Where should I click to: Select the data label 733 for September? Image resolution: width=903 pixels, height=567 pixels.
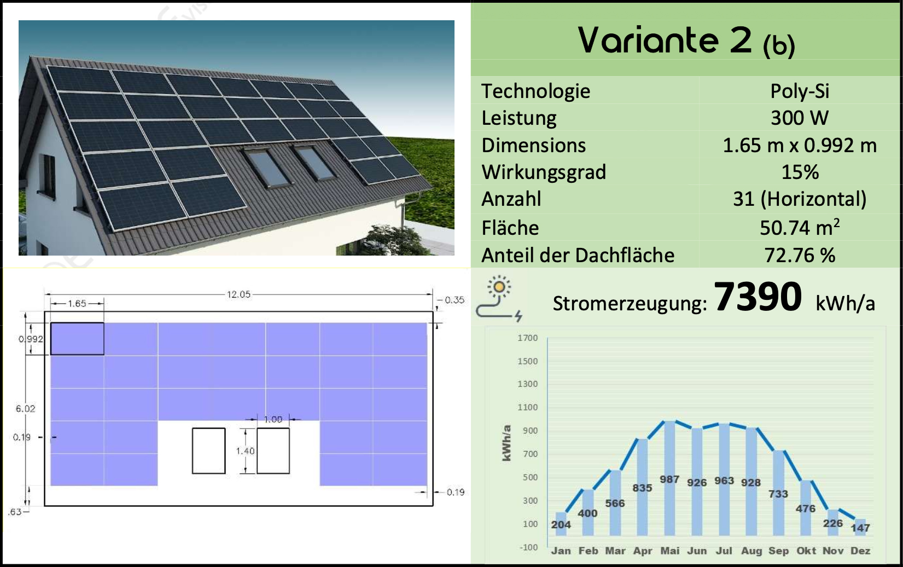[x=778, y=494]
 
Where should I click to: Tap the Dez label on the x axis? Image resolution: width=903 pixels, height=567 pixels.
[x=860, y=551]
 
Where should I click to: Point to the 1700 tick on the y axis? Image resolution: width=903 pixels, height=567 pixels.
[x=528, y=338]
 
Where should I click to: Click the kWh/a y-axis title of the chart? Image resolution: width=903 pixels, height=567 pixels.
[x=506, y=442]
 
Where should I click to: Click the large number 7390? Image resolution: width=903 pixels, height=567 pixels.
[x=758, y=297]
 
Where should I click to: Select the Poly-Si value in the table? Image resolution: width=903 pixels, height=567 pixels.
[x=800, y=91]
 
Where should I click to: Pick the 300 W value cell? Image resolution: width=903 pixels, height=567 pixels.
[x=800, y=118]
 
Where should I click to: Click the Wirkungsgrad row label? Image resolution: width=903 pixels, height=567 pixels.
[x=544, y=172]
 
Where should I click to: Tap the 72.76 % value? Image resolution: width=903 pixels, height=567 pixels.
[x=800, y=255]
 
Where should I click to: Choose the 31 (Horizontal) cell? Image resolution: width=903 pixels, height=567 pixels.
[x=800, y=199]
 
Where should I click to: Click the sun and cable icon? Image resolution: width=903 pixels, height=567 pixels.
[x=499, y=298]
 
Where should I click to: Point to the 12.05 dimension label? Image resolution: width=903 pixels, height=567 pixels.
[x=238, y=294]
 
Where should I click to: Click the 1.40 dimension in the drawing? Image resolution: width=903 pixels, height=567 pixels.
[x=245, y=451]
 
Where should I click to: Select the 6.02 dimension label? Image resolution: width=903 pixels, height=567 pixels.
[x=25, y=408]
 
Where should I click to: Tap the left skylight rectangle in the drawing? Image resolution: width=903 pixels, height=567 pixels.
[x=208, y=450]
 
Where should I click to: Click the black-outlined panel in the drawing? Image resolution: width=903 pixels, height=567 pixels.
[x=77, y=339]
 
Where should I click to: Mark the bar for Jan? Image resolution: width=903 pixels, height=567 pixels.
[x=561, y=524]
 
